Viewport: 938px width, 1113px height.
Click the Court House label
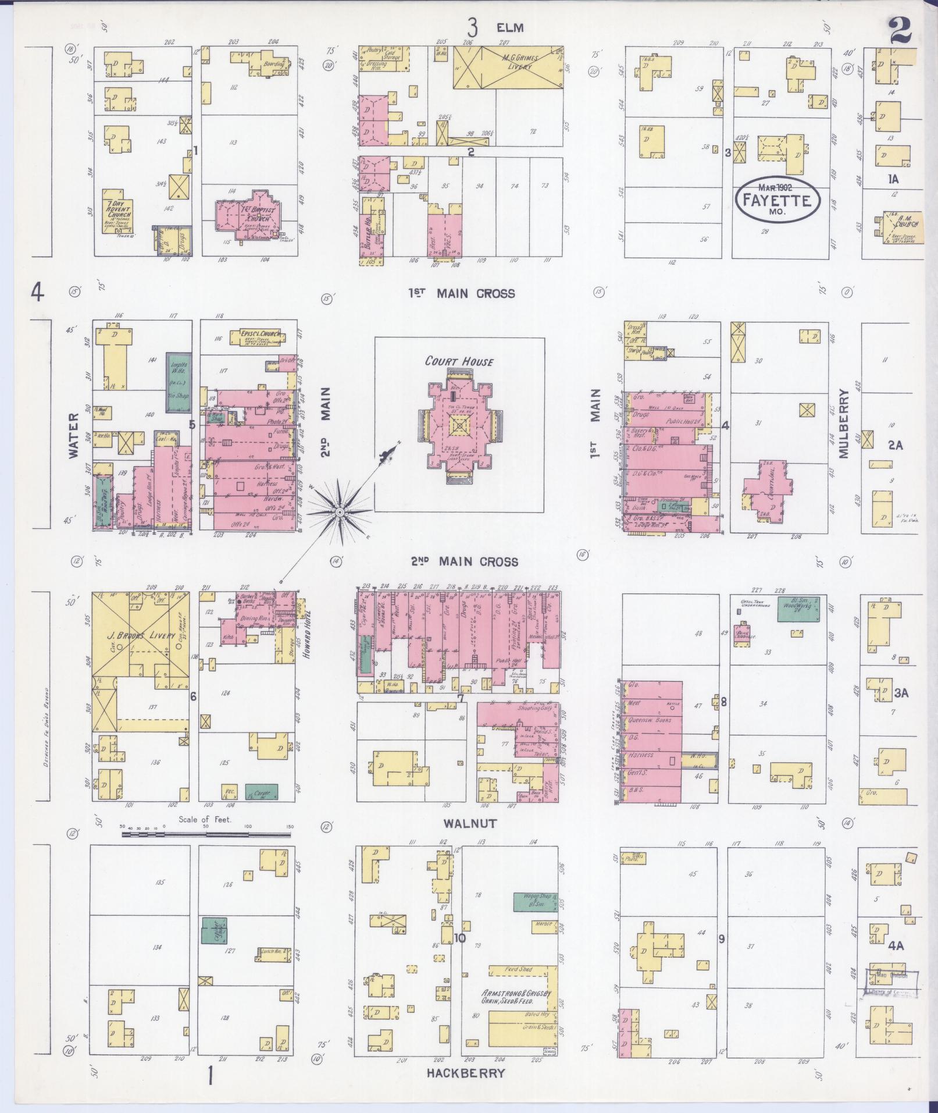459,361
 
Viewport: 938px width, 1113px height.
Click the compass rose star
340,511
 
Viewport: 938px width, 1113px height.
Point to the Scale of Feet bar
206,834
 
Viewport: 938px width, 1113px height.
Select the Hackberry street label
466,1073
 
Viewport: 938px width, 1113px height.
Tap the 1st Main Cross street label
461,293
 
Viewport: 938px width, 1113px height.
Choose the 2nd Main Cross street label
464,561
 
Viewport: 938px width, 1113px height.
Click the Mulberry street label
844,423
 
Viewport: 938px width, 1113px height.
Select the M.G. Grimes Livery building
508,67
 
